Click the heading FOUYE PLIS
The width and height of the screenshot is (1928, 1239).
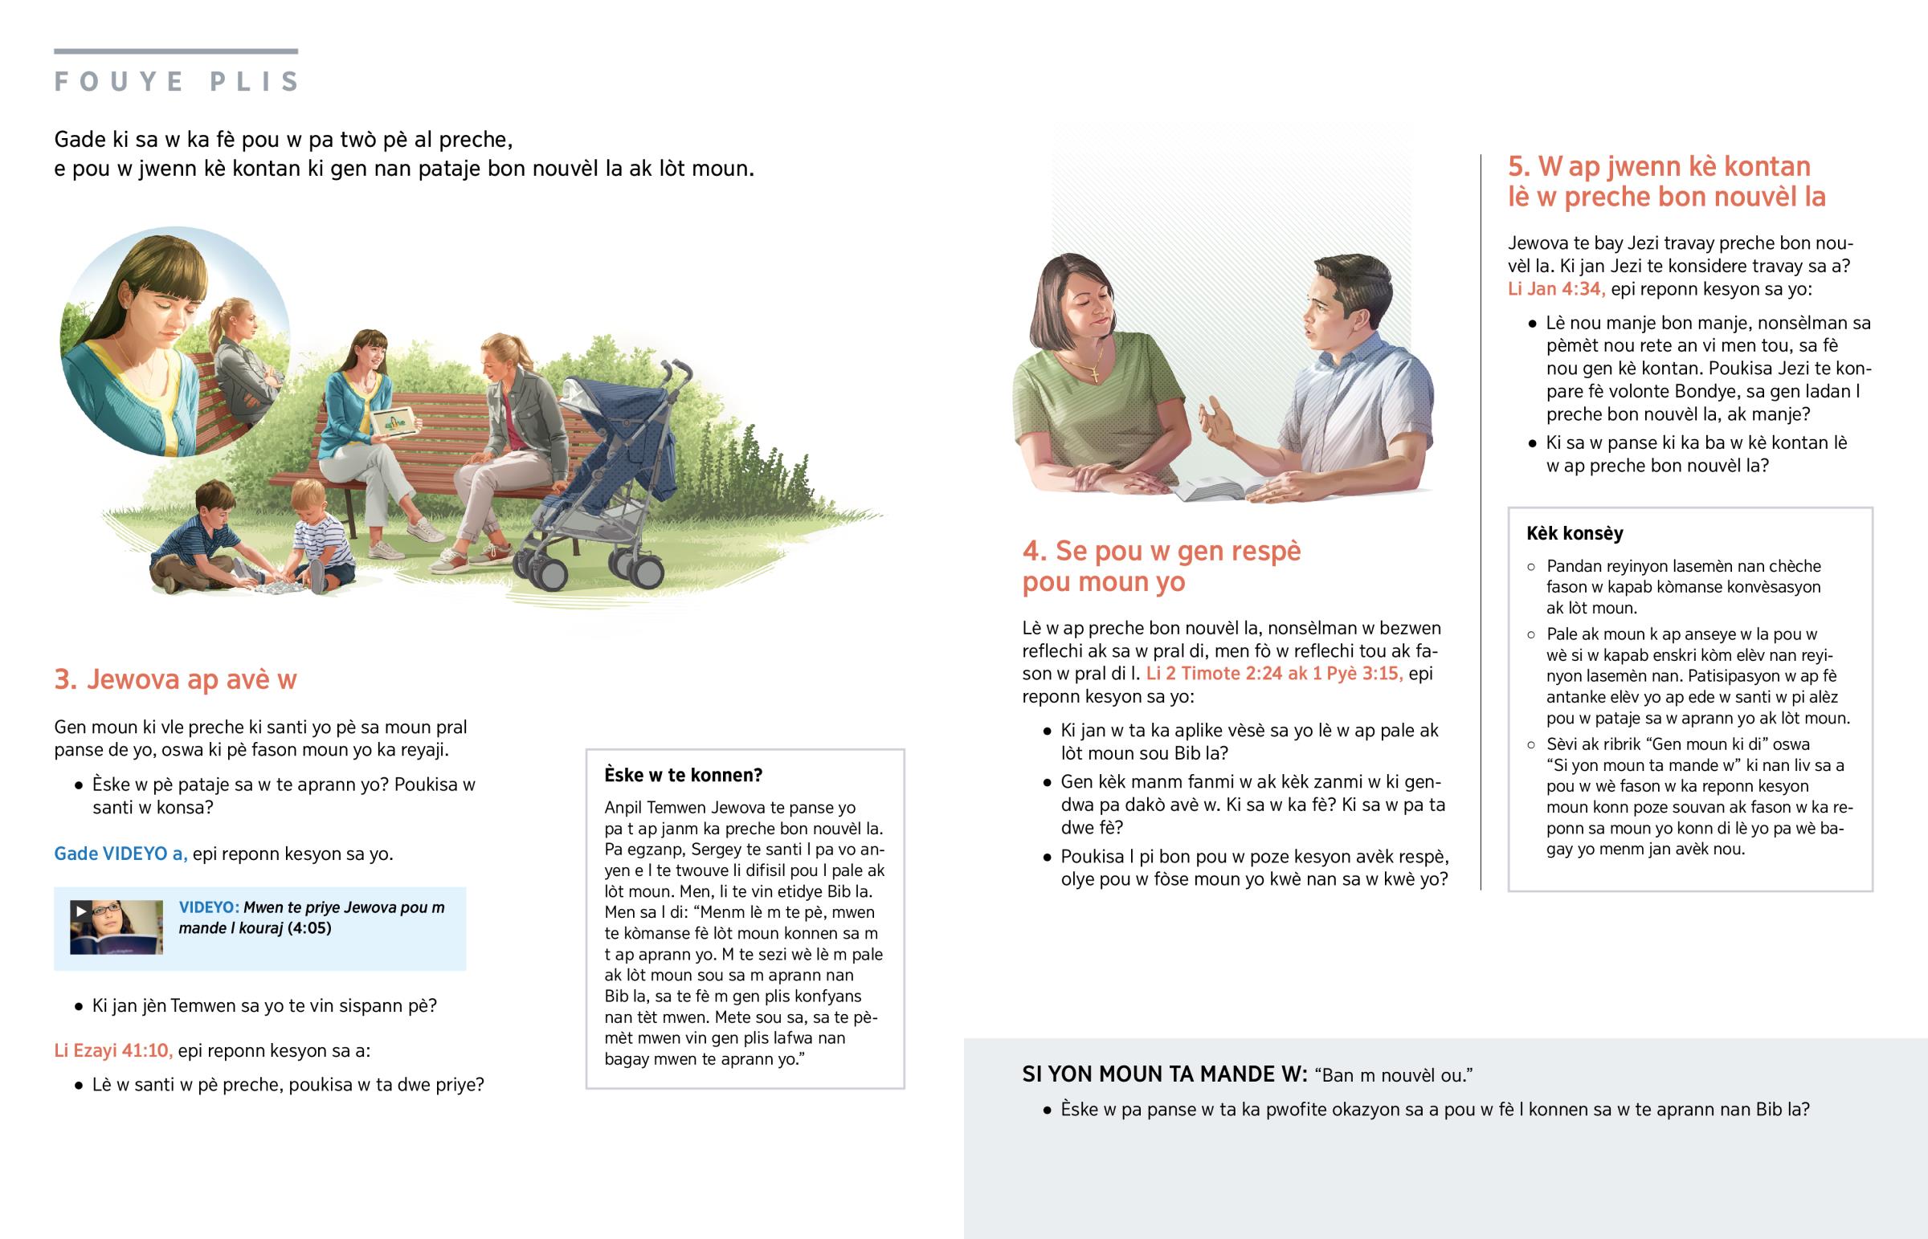click(176, 81)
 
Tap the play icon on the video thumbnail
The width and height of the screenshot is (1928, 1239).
click(80, 911)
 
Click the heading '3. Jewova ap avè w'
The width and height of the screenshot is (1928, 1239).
click(175, 679)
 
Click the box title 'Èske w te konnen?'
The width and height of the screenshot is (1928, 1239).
click(683, 775)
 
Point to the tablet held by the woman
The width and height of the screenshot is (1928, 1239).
click(394, 422)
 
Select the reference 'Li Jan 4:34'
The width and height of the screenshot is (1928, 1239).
click(1555, 289)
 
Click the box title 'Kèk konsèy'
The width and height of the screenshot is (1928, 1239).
click(1574, 533)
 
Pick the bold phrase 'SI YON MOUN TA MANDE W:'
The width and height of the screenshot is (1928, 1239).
click(1164, 1074)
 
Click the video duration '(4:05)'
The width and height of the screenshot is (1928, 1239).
click(309, 927)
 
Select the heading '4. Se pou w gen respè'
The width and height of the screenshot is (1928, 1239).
click(1161, 552)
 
